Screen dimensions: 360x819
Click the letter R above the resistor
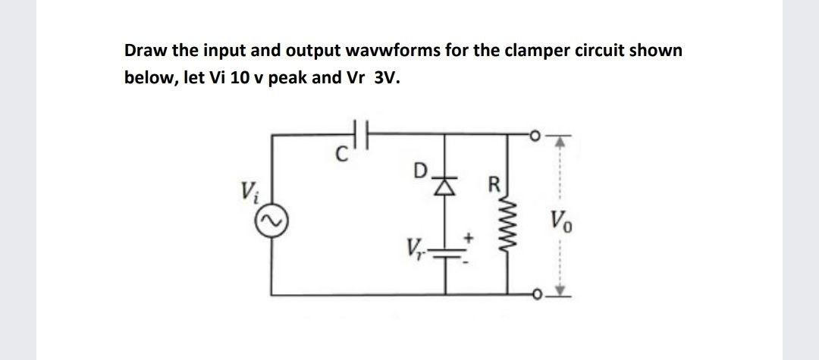coord(495,185)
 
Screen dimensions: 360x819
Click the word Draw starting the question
coord(143,51)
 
